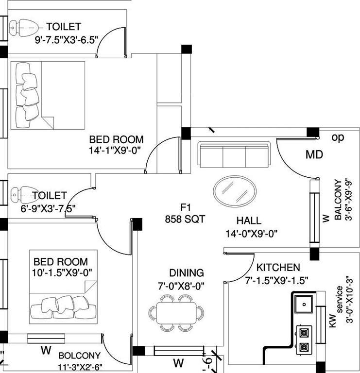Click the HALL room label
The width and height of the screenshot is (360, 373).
pos(249,220)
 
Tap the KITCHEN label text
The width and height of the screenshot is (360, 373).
pos(278,268)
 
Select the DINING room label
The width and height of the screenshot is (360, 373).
pos(187,273)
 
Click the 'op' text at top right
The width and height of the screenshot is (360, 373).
pos(338,137)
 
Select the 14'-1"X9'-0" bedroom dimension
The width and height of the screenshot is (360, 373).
pos(115,150)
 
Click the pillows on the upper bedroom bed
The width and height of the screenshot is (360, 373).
pos(26,92)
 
